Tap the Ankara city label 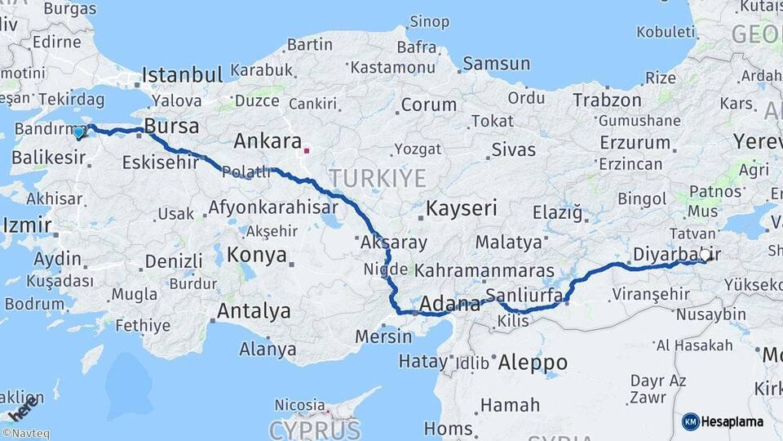[x=268, y=140]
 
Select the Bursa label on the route [x=171, y=127]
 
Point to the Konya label [x=256, y=255]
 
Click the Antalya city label [x=254, y=311]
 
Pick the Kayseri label [x=462, y=207]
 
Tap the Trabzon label [x=607, y=100]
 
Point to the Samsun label [x=496, y=63]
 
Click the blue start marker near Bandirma [x=79, y=131]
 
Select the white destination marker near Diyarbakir [x=706, y=255]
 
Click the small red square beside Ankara [x=307, y=150]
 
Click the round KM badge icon [x=691, y=421]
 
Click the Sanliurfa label [x=524, y=295]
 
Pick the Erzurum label [x=635, y=142]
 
